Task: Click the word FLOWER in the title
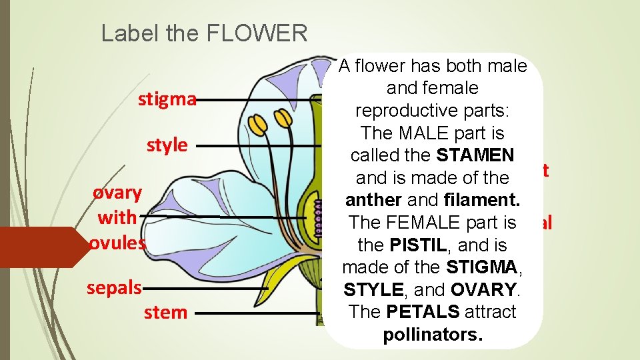click(269, 33)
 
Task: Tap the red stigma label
click(167, 100)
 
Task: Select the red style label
click(167, 145)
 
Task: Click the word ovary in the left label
click(117, 193)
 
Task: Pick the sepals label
click(114, 287)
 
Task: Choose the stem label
click(166, 312)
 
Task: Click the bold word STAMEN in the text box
click(475, 155)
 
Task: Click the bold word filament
click(485, 200)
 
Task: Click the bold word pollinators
click(433, 335)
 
